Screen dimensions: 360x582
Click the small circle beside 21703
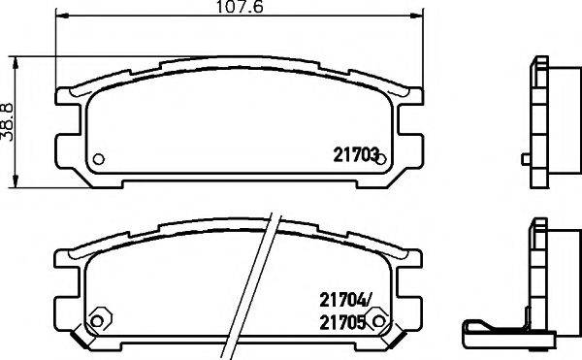click(382, 159)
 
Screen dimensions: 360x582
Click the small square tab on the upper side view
click(525, 158)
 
